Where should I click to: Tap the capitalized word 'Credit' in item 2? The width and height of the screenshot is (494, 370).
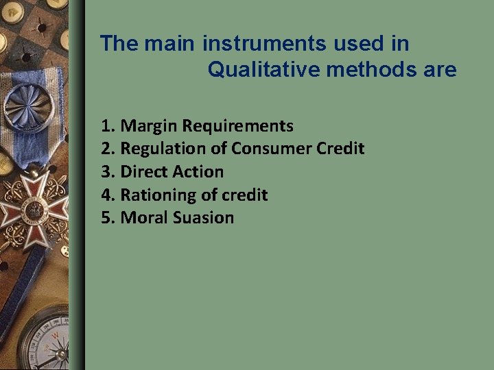pos(341,149)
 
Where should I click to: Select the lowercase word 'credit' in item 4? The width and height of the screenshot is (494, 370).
pos(243,195)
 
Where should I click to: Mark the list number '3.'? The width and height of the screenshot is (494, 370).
pos(108,172)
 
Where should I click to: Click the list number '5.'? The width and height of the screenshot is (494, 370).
pos(108,218)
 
